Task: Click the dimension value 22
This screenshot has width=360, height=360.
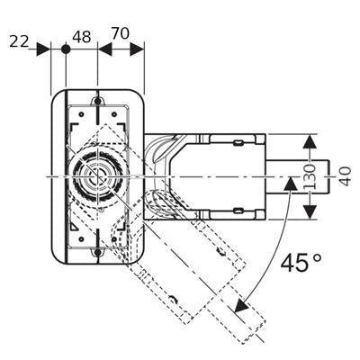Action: click(x=19, y=41)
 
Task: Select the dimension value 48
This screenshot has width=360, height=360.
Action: click(x=81, y=37)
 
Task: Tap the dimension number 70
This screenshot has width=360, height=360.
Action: click(x=120, y=33)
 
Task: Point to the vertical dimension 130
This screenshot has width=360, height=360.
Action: click(x=310, y=176)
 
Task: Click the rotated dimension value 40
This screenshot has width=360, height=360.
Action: click(x=346, y=176)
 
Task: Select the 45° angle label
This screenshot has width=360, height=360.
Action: click(x=301, y=263)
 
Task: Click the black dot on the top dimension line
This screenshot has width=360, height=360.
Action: click(x=66, y=49)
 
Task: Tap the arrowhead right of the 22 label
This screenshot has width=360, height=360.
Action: click(x=43, y=49)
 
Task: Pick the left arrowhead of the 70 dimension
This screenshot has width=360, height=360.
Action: click(x=104, y=49)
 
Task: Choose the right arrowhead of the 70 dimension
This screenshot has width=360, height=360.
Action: click(x=137, y=49)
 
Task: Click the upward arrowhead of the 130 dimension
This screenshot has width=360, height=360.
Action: click(x=310, y=141)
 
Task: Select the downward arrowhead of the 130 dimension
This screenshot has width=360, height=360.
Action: click(x=310, y=211)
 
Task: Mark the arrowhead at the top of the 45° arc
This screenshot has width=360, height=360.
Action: click(x=290, y=183)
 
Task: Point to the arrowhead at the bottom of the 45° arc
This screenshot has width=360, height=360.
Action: click(x=242, y=305)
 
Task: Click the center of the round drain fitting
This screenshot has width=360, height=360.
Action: click(x=98, y=175)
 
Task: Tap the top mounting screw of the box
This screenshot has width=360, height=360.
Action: click(x=97, y=102)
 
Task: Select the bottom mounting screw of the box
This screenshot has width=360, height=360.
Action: click(x=97, y=252)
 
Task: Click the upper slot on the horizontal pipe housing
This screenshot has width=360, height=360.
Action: click(x=238, y=142)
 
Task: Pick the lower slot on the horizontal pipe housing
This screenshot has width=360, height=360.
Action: click(x=238, y=211)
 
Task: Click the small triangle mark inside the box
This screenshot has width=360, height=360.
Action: click(x=75, y=228)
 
